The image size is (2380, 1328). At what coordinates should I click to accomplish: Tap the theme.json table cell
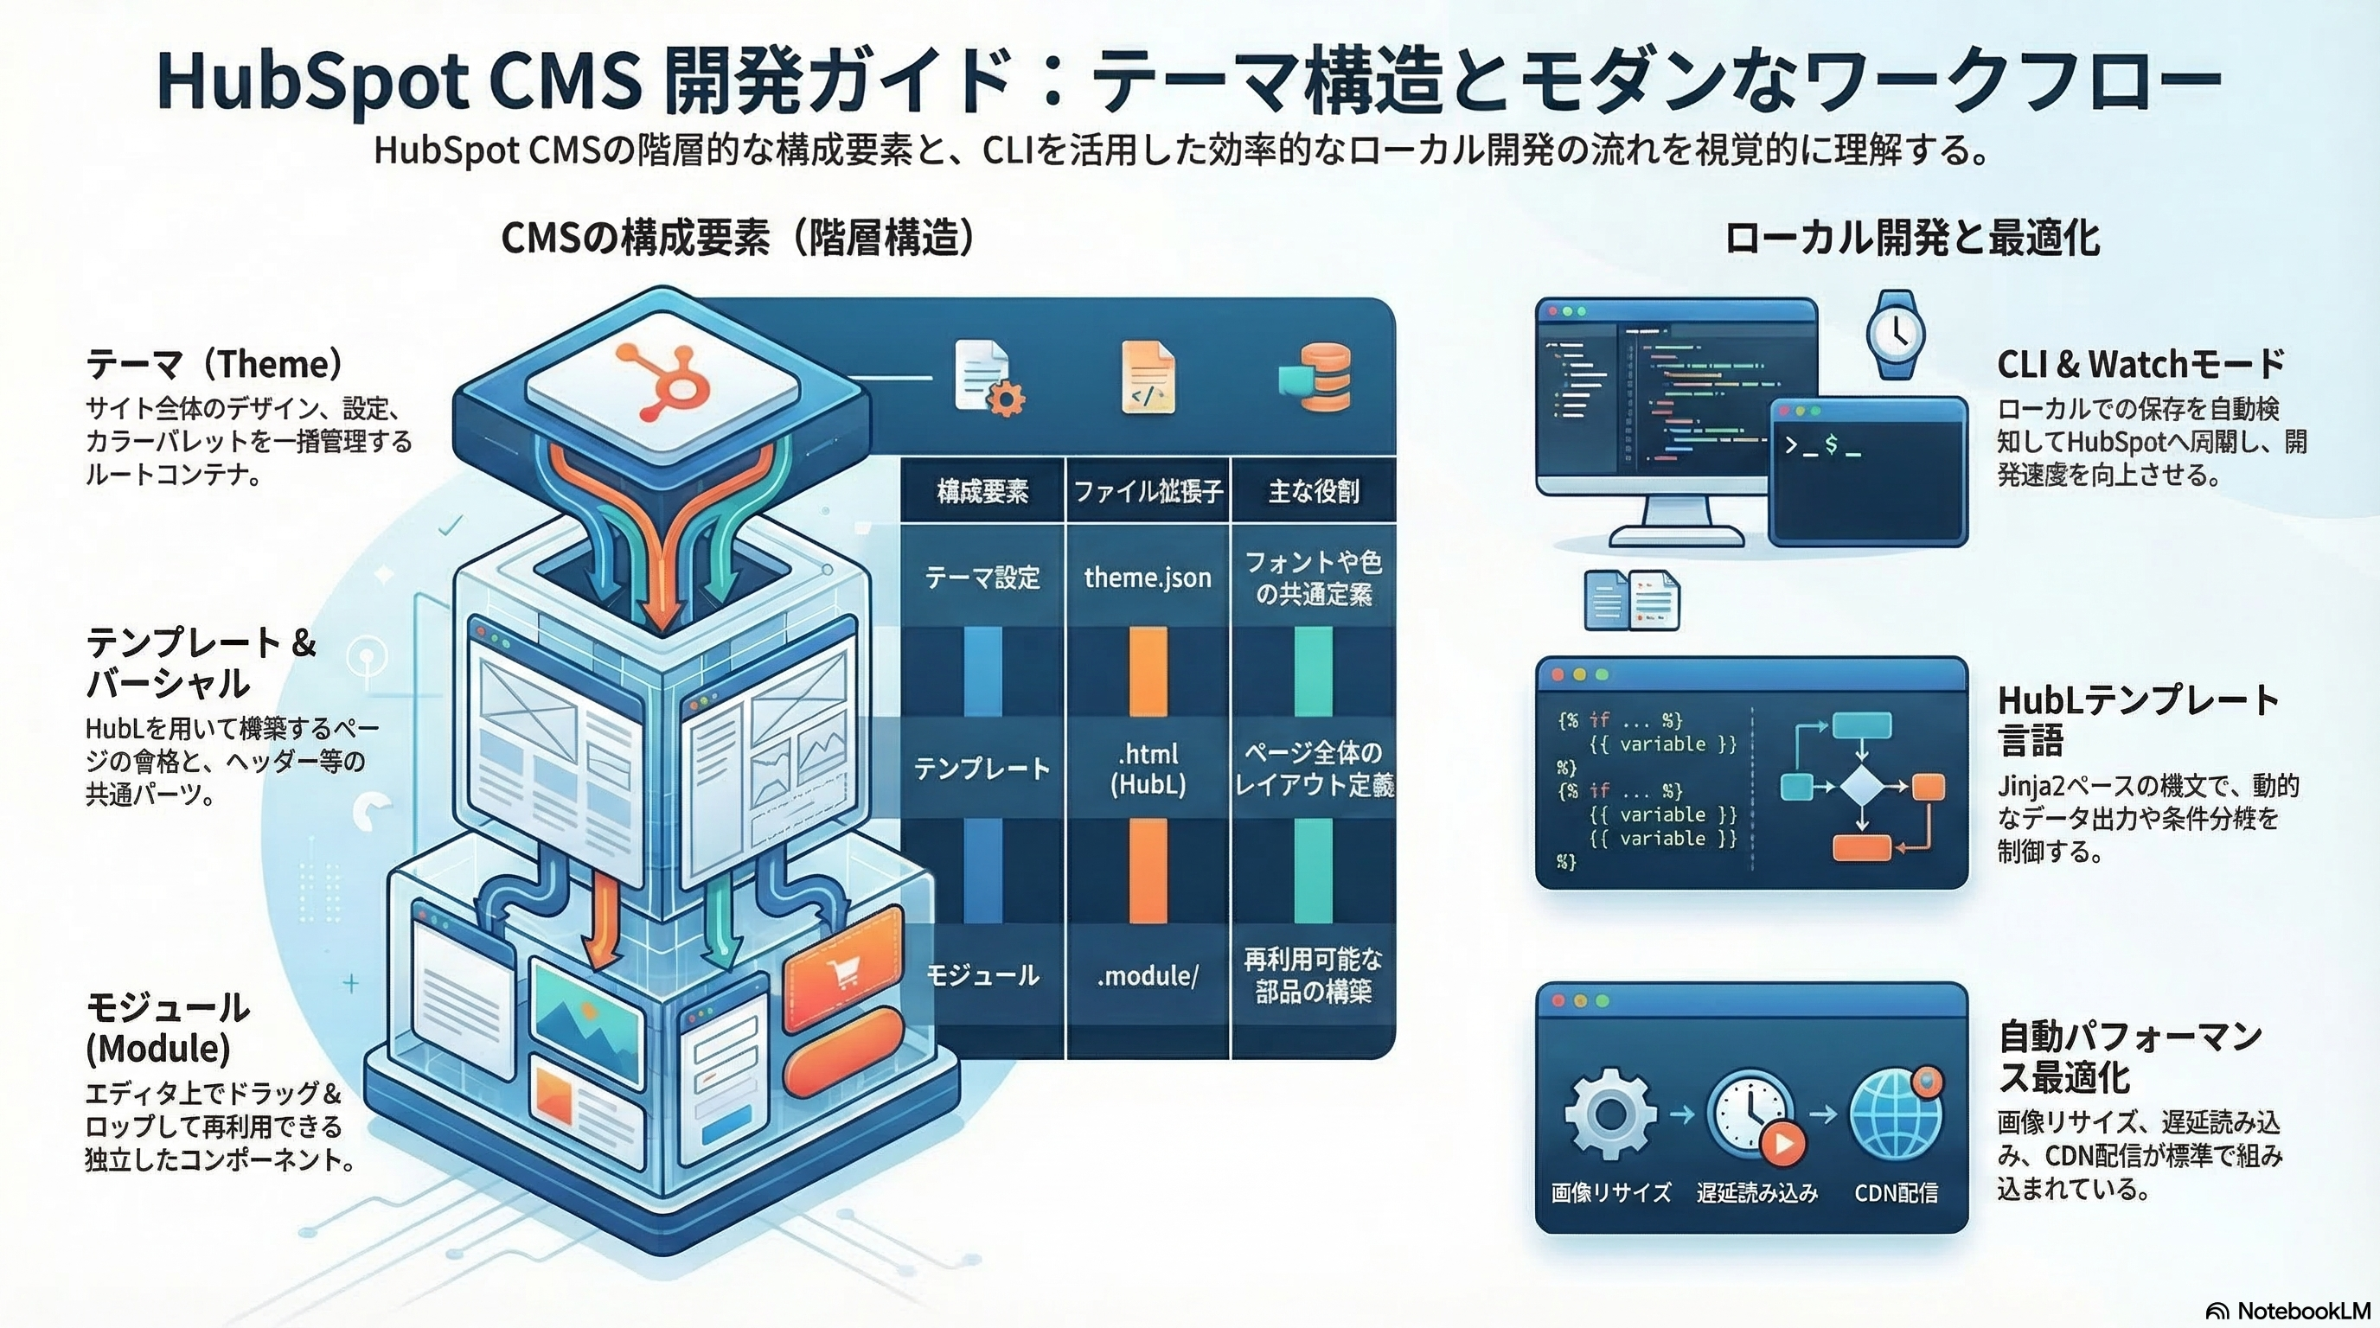[1148, 578]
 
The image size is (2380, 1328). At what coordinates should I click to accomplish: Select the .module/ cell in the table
[1148, 975]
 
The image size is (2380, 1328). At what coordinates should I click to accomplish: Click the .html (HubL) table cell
[1148, 769]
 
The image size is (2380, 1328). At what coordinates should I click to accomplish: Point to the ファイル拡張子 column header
[1148, 491]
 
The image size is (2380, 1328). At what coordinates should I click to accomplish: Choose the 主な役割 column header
[1313, 491]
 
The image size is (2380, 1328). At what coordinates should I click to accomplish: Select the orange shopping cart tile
[842, 970]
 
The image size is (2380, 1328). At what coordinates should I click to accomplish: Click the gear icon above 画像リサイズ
[1609, 1114]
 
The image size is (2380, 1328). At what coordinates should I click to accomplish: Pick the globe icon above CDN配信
[1894, 1114]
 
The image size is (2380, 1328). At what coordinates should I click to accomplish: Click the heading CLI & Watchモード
[2140, 364]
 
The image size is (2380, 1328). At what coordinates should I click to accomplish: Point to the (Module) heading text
[158, 1048]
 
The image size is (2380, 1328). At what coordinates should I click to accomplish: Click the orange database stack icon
[1315, 377]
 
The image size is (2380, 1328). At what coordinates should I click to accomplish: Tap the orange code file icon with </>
[1148, 377]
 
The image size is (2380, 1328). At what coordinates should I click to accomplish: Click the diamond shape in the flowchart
[1861, 787]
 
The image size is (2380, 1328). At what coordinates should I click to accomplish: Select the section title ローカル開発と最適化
[1911, 239]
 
